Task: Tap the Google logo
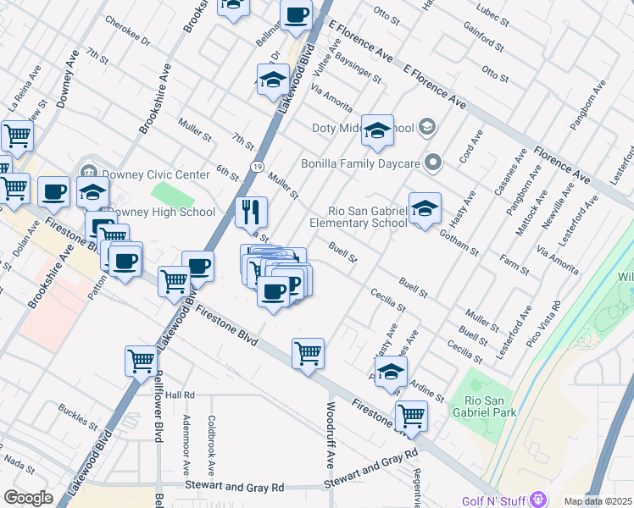[28, 498]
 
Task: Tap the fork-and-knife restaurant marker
[251, 213]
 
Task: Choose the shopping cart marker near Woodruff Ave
[308, 351]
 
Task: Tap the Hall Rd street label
[181, 395]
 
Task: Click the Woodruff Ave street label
[330, 444]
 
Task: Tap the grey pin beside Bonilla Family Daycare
[434, 162]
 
